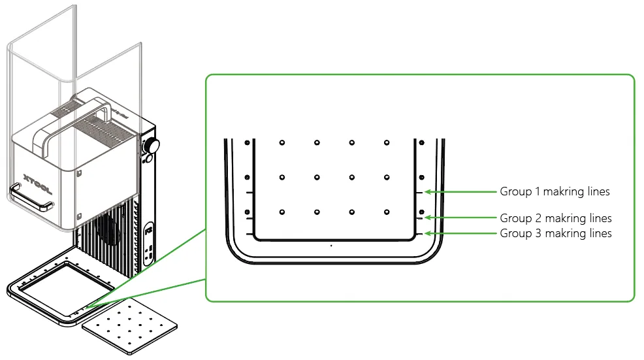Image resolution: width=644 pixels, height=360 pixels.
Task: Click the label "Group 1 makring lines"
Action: point(555,191)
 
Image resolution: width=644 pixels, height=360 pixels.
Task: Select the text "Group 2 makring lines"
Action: point(556,218)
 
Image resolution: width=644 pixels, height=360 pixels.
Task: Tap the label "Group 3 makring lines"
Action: point(556,233)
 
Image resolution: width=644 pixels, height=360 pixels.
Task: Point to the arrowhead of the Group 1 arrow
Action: point(428,191)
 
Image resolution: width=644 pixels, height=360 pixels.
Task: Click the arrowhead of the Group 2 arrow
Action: point(428,218)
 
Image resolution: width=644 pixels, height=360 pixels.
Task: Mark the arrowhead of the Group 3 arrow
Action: point(428,233)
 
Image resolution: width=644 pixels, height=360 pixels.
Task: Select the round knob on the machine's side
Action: point(152,146)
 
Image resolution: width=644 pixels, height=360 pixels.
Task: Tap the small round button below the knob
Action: point(149,158)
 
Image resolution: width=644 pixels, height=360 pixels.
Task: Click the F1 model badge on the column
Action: point(149,231)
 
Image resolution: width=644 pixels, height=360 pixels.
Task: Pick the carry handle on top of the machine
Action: point(72,123)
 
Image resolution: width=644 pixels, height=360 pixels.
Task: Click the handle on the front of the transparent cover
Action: point(31,197)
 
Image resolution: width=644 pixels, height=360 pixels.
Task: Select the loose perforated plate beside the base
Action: point(129,327)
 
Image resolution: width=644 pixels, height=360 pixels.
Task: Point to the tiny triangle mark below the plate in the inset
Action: point(331,246)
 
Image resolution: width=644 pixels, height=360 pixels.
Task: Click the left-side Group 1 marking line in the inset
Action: point(250,192)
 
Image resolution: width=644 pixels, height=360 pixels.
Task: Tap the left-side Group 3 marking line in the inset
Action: point(250,234)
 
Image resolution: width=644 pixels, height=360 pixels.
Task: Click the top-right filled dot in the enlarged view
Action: point(422,142)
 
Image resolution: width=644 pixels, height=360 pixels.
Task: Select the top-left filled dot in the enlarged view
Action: point(248,142)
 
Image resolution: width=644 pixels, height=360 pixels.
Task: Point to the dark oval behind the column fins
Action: point(108,229)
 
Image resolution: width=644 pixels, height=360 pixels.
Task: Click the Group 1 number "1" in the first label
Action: point(538,191)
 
